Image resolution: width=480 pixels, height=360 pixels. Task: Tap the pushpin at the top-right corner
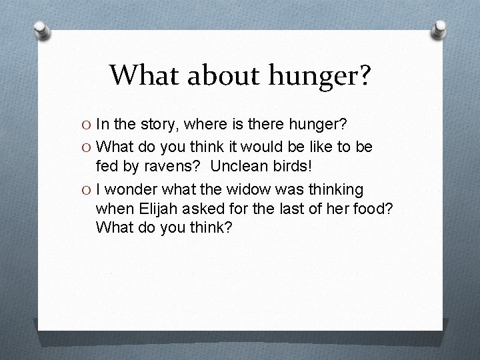(441, 29)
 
